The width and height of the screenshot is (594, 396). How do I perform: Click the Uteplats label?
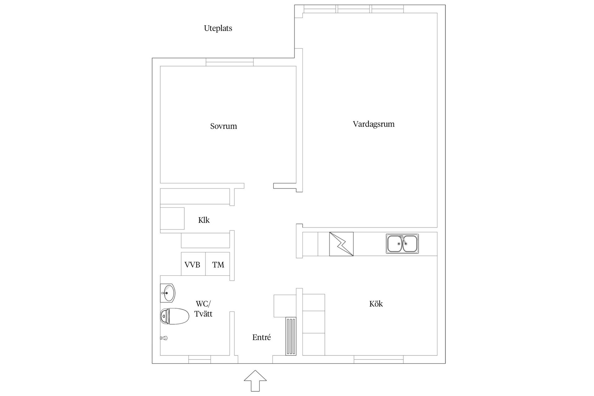coord(218,28)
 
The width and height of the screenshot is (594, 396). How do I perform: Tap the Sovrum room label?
coord(223,126)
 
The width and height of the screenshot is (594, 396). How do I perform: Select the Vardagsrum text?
coord(373,124)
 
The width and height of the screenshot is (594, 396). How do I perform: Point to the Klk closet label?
coord(204,220)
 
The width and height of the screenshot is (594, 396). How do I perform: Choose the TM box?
coord(218,264)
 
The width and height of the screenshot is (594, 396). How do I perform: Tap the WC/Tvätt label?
coord(203,308)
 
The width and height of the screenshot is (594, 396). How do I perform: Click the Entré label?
coord(261,337)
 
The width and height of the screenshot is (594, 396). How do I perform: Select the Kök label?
coord(376,304)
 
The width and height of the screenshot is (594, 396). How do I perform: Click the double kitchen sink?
coord(402,244)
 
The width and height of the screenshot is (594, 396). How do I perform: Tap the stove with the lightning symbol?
coord(341,244)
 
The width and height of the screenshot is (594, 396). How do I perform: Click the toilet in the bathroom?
coord(174,316)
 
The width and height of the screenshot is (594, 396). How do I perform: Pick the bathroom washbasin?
coord(168,293)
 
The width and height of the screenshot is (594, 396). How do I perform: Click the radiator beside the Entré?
coord(291,336)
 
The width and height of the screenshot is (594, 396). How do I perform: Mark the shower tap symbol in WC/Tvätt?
coord(164,338)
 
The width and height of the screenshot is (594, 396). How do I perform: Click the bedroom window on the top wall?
coord(230,62)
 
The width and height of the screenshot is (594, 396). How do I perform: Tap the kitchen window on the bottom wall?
coord(378,359)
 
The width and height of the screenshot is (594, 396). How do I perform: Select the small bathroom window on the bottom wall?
coord(200,359)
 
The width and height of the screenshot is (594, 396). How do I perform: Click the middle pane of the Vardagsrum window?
coord(354,9)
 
